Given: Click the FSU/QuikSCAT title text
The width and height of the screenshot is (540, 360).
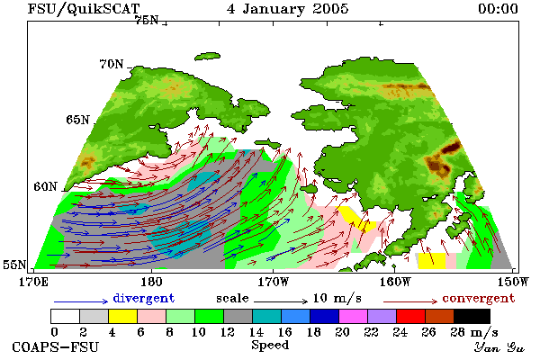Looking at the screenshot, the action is [84, 9].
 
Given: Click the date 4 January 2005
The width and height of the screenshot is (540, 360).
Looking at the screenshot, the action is [288, 9].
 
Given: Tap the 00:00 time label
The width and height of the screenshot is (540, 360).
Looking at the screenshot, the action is [498, 9].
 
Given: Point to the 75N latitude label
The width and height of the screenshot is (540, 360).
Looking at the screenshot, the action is [147, 21].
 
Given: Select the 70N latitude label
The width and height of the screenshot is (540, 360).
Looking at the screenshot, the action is [112, 64].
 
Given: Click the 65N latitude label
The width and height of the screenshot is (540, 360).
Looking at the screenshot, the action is [77, 120].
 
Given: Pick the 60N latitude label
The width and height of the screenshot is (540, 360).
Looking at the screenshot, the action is [45, 186].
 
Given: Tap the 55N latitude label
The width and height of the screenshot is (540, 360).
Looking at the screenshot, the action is [14, 265].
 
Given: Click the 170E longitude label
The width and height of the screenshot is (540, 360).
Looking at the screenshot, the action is [33, 282].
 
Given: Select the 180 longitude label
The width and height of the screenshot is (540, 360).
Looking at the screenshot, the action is [151, 282].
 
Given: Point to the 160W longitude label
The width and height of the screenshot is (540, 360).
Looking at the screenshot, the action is [395, 282].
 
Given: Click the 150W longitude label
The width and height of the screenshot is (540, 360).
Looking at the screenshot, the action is [513, 282].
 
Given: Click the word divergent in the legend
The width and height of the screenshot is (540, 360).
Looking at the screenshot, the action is [144, 298].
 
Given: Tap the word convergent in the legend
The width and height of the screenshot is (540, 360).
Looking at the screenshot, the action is [479, 298].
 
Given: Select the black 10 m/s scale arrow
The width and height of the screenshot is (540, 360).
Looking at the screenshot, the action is [281, 301].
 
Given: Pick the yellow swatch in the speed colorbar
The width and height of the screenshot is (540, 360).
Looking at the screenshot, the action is [122, 316].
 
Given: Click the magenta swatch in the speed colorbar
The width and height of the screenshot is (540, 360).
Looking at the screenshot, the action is [354, 316].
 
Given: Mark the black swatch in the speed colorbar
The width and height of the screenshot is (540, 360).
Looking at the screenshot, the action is [472, 316].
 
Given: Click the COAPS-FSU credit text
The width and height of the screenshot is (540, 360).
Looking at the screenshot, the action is [56, 346].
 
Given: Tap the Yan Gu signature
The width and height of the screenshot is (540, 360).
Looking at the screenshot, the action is [499, 347].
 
